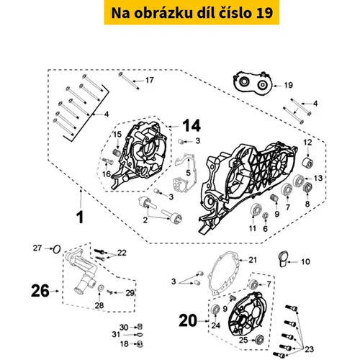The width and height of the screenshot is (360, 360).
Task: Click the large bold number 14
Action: pos(192,126)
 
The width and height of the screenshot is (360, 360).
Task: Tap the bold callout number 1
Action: pos(80,217)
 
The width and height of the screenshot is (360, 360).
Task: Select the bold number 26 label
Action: pos(40,291)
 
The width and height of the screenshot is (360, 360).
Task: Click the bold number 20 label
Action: pos(188,320)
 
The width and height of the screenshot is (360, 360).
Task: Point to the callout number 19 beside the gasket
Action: pos(289,85)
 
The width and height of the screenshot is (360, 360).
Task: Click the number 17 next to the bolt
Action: pos(150,80)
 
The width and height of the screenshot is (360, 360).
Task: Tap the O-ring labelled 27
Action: pos(57,249)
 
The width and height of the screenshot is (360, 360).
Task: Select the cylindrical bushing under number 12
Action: pos(307,163)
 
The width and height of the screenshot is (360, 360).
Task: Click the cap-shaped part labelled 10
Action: pos(283,258)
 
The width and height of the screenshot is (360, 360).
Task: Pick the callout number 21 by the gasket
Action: pos(253,260)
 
